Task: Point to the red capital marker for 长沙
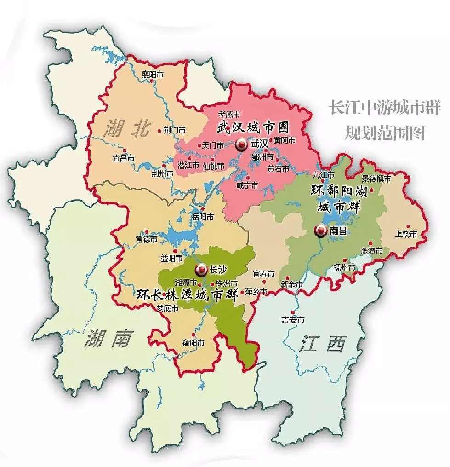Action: click(201, 270)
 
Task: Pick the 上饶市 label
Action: click(406, 234)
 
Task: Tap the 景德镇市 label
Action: click(376, 179)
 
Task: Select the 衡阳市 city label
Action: click(193, 343)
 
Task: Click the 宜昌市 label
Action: click(124, 158)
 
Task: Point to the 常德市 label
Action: click(147, 240)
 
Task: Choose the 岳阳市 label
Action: click(203, 216)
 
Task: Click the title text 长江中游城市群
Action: click(384, 109)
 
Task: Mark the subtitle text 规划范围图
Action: click(384, 133)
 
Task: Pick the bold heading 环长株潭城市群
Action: click(187, 295)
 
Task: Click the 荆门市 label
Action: click(174, 130)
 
